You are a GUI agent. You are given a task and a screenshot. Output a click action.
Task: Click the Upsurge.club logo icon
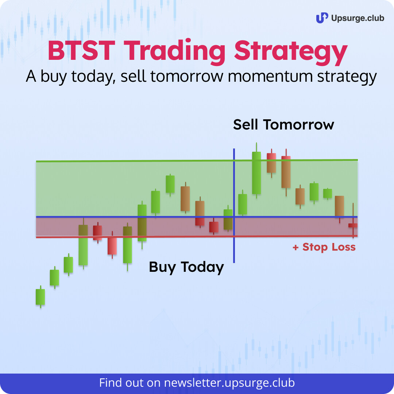tap(322, 18)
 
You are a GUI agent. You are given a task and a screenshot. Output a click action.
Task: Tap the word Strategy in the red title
tap(291, 52)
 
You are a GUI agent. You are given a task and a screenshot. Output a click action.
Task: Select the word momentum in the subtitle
tap(270, 76)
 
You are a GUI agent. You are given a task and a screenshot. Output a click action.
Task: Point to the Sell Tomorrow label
tap(284, 125)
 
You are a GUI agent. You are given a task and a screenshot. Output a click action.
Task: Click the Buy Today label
tap(186, 267)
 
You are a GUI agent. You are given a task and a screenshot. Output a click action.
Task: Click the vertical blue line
tap(234, 205)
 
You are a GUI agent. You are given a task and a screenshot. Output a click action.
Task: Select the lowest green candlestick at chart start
tap(40, 297)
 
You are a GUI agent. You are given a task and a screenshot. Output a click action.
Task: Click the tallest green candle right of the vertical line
tap(256, 173)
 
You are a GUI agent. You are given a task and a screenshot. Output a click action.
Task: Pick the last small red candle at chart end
tap(353, 225)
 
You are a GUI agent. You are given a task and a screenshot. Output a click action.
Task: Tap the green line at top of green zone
tap(197, 161)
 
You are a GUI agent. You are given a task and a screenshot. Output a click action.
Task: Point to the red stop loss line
tap(197, 236)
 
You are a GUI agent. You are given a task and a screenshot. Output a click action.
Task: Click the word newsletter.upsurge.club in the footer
tap(229, 383)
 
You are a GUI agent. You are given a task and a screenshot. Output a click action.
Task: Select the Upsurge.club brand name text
tap(358, 18)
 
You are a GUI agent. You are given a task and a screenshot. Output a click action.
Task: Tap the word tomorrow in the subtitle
tap(187, 76)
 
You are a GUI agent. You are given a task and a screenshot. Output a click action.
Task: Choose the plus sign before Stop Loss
tap(295, 247)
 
